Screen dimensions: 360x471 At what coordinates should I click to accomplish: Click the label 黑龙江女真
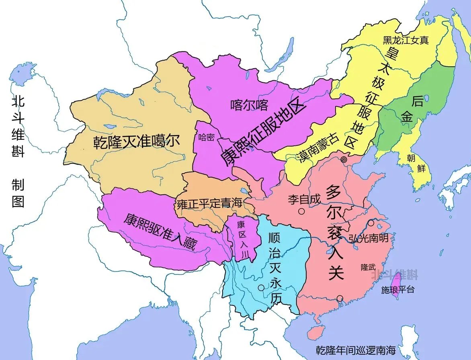[405, 40]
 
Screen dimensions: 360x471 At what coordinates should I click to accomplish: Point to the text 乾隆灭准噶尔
[137, 142]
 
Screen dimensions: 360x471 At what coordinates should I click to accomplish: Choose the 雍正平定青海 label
[209, 203]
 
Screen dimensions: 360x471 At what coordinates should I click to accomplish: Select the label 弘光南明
[369, 238]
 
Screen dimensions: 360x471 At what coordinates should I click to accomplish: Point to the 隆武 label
[368, 266]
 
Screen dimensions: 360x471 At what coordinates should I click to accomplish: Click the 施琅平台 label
[397, 290]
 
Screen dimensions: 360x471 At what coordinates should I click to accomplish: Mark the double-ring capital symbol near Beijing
[344, 160]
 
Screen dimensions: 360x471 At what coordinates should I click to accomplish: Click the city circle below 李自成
[301, 211]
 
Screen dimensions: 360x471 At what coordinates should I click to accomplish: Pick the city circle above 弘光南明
[371, 223]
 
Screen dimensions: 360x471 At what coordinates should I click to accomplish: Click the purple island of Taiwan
[395, 283]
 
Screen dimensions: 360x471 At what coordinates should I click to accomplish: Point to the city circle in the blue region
[261, 288]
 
